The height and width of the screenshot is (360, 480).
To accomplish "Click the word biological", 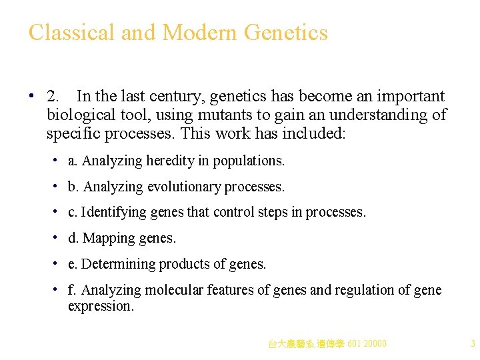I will [x=79, y=115].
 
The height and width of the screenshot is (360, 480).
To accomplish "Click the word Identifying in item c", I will [x=109, y=213].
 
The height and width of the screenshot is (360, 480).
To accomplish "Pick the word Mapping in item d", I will [x=105, y=238].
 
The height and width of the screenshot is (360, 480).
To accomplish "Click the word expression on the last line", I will [x=101, y=306].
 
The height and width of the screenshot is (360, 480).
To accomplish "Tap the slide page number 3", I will [x=472, y=344].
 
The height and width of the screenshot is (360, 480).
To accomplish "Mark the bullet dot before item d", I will [x=58, y=237].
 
